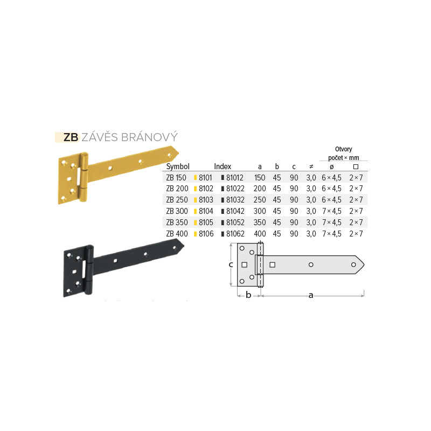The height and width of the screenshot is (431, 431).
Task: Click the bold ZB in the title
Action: pos(71,137)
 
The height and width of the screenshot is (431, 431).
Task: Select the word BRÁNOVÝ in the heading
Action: pos(150,137)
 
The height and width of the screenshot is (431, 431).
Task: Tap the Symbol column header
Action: pos(178,166)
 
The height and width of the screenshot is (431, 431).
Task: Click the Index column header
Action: pos(223,166)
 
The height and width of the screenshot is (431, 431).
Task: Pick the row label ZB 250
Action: pos(177,200)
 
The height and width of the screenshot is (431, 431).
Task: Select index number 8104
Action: pos(206,211)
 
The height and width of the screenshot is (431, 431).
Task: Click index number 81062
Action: pos(235,234)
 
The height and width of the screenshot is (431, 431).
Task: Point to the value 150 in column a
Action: pos(260,178)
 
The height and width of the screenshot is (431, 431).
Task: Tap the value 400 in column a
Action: pos(260,234)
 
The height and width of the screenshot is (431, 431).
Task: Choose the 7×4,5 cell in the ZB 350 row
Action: pos(332,223)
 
